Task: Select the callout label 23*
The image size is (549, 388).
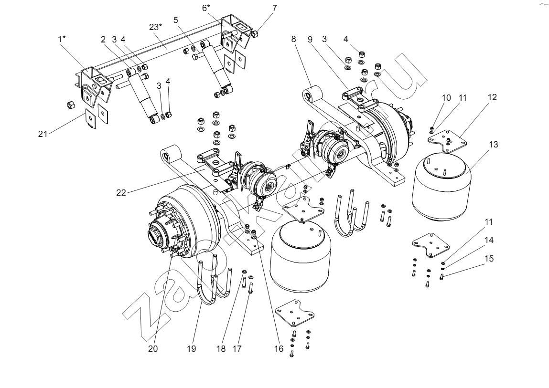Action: (156, 27)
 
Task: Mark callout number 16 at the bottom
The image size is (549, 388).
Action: (279, 349)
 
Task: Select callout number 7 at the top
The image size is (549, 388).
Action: (274, 8)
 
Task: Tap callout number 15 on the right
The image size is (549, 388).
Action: (488, 259)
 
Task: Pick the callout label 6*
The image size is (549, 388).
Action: (206, 9)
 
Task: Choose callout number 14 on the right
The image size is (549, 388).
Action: (488, 241)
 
